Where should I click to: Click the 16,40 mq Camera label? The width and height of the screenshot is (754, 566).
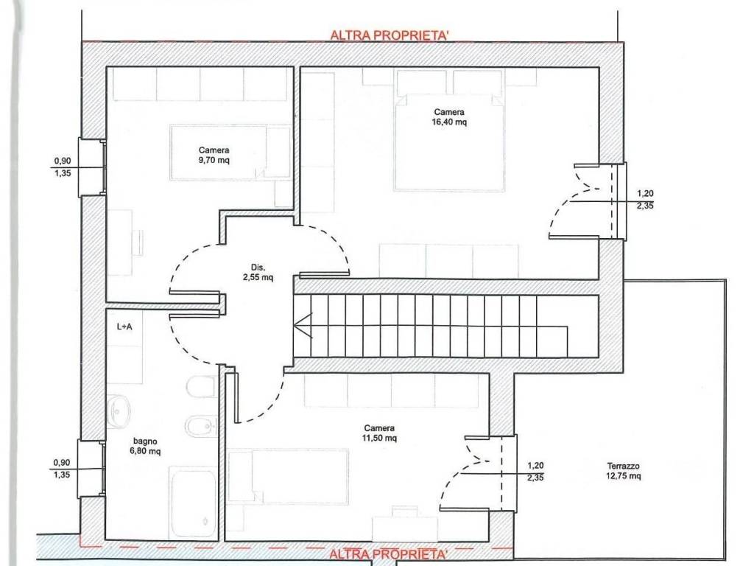tap(449, 117)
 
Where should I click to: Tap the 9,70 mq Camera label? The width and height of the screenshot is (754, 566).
tap(214, 155)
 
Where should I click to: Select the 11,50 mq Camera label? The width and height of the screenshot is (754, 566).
tap(379, 433)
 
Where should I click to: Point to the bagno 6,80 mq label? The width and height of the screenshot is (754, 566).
tap(145, 446)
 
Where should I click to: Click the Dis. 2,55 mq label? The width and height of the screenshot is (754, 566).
tap(258, 272)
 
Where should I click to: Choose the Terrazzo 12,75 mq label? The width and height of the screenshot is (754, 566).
tap(623, 471)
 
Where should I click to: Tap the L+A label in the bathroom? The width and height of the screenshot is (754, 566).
tap(124, 326)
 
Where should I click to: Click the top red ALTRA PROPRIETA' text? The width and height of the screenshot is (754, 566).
tap(390, 35)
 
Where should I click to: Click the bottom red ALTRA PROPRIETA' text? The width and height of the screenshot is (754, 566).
tap(389, 553)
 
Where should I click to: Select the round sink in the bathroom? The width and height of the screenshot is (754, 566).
tap(118, 412)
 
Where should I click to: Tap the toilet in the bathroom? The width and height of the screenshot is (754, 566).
tap(200, 388)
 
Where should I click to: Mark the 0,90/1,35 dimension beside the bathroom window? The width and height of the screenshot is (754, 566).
tap(62, 468)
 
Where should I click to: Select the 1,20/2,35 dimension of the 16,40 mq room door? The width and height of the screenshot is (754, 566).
tap(645, 199)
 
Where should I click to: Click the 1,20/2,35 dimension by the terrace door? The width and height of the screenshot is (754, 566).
tap(535, 471)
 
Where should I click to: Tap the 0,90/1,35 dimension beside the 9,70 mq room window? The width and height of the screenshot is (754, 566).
tap(62, 167)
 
